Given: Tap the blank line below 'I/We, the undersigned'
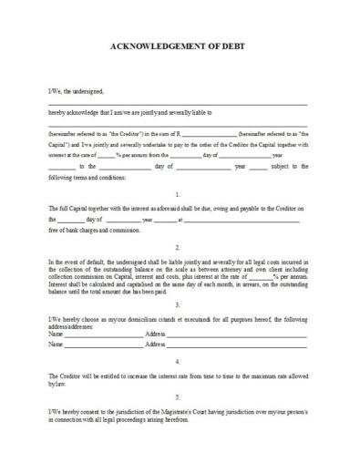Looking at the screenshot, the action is (x=177, y=103).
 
